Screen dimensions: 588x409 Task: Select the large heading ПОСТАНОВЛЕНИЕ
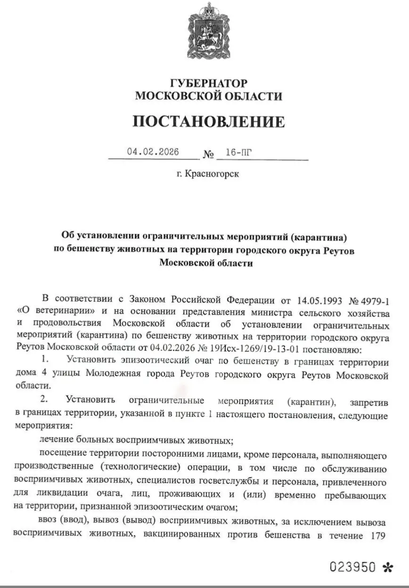tap(208, 121)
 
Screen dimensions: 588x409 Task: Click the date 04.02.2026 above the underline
tap(153, 152)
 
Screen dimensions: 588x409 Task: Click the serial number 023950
tap(352, 567)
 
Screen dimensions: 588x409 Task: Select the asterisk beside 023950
tap(388, 568)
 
